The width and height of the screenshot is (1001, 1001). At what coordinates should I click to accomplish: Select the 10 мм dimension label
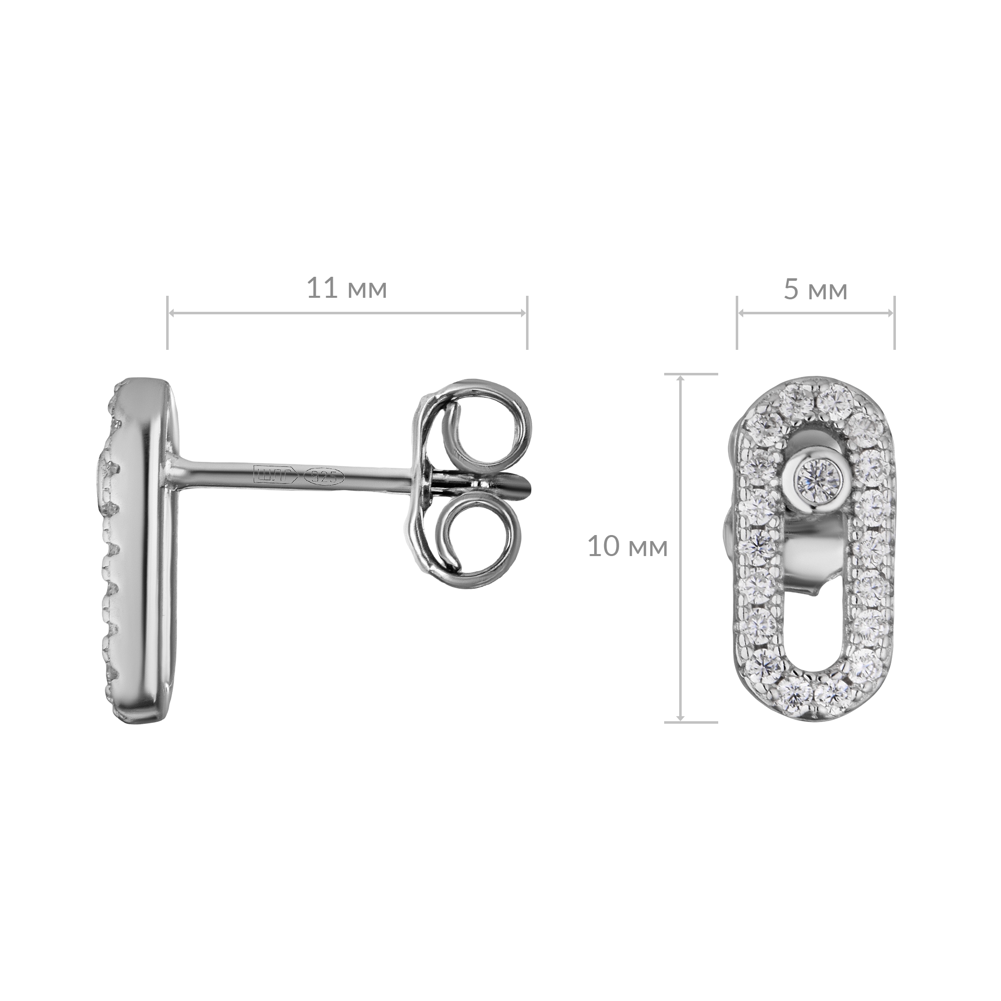click(x=628, y=547)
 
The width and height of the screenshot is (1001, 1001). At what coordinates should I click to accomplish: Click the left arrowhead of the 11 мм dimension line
click(x=173, y=313)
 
